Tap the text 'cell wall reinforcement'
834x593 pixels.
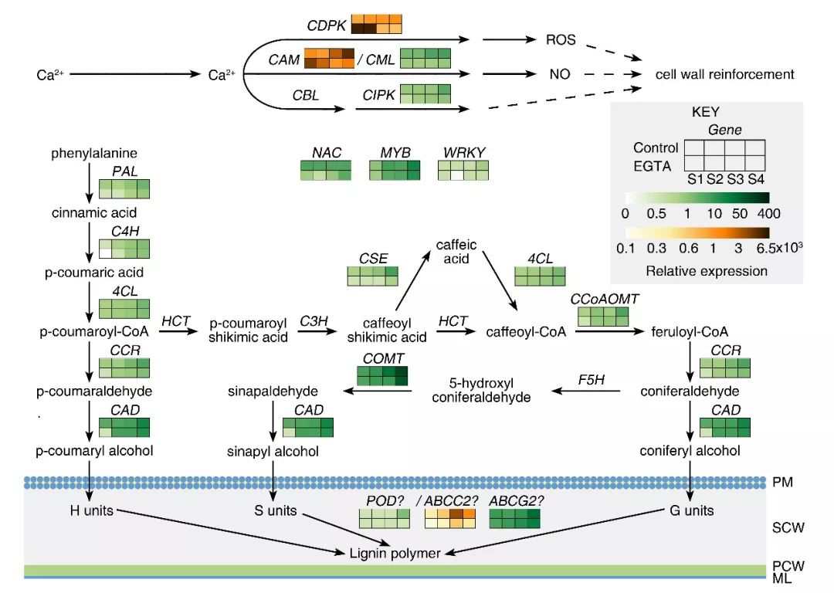724,75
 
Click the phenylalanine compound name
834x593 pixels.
94,153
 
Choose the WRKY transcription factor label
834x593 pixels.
463,152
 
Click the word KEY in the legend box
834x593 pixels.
705,112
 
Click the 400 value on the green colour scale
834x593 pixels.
768,214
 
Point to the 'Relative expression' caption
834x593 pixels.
707,271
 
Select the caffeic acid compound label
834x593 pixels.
456,252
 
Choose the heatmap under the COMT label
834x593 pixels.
381,375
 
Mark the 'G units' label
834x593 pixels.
690,510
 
